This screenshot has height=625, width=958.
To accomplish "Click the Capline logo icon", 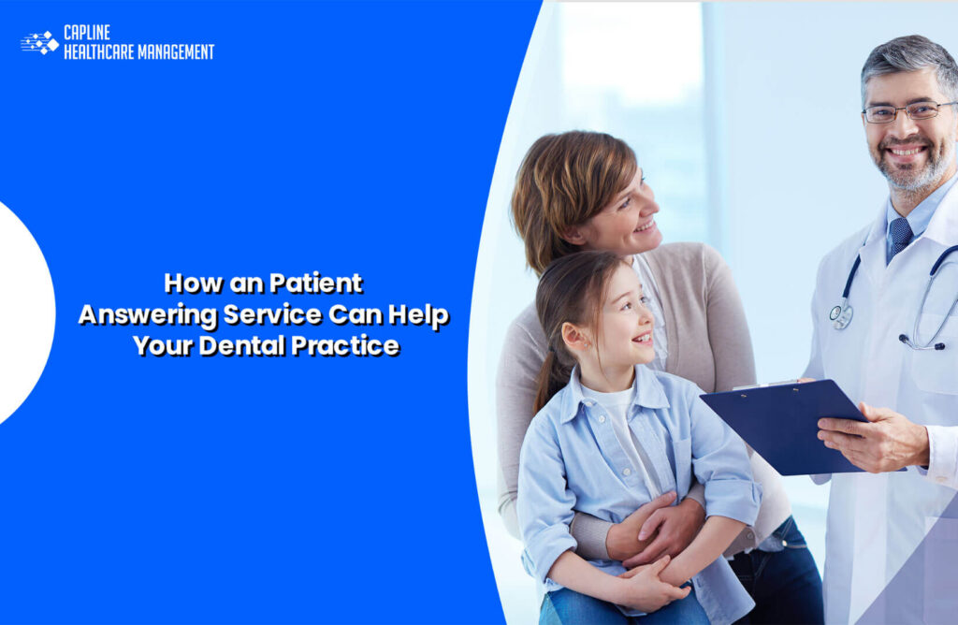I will point(39,42).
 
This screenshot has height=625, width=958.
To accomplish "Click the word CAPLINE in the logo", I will point(87,33).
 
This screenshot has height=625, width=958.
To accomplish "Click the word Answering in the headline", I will point(147,314).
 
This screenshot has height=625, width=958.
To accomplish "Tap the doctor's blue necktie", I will point(899,235).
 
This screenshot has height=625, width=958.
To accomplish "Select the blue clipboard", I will point(781,422).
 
